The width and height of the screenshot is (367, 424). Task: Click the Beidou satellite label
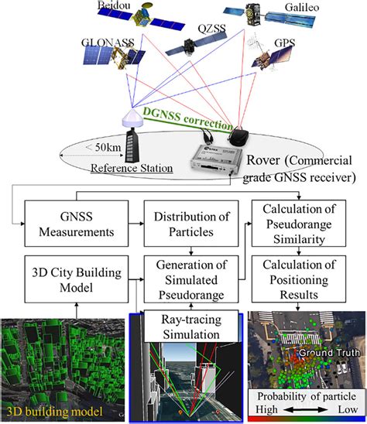coord(112,6)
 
